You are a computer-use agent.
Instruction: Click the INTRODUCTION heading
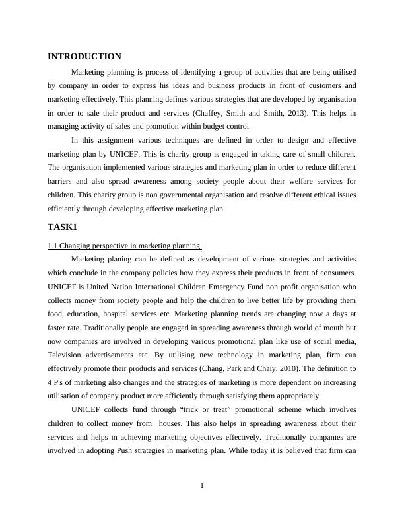click(x=84, y=57)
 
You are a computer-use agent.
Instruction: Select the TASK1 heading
click(x=63, y=227)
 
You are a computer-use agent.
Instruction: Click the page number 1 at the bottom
click(x=202, y=486)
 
